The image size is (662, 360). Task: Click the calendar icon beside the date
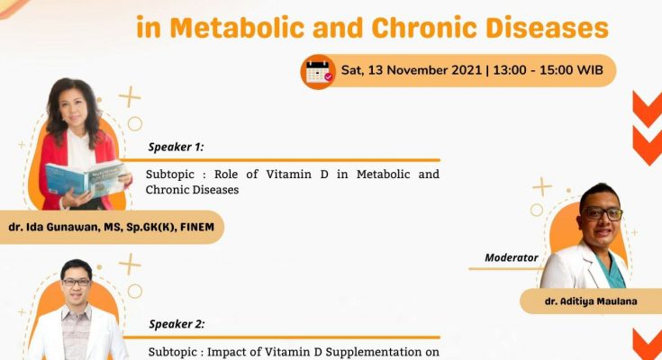318,72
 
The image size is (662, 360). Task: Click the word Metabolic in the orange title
237,28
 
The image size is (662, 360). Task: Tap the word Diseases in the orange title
548,28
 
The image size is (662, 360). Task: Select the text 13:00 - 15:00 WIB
548,70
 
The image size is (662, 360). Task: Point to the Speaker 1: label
176,147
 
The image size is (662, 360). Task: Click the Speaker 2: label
177,324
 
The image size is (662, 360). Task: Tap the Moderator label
512,257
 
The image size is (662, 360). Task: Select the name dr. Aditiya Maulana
591,301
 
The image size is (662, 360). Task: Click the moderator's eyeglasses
603,213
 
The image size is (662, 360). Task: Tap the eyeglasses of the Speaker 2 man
76,282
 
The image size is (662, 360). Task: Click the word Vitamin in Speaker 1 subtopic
289,175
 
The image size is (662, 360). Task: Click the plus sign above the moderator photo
541,187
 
